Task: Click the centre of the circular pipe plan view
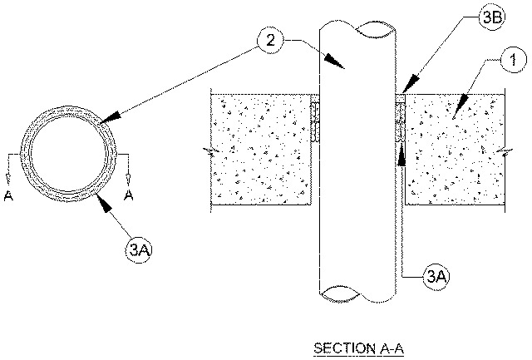click(x=70, y=155)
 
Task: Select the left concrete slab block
click(x=262, y=148)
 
